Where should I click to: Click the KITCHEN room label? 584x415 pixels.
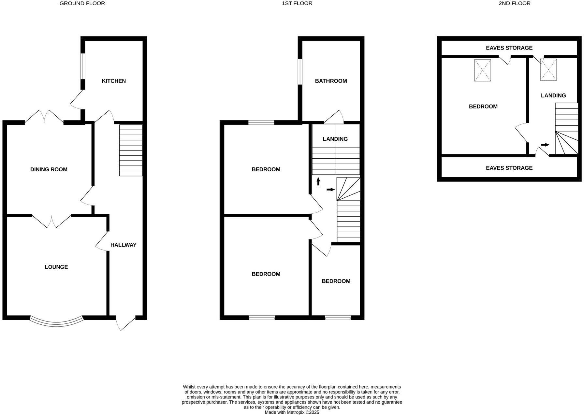tap(114, 81)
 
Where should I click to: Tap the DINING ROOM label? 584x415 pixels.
tap(49, 169)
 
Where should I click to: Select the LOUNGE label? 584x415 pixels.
tap(56, 267)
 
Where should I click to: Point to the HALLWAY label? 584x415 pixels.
tap(123, 245)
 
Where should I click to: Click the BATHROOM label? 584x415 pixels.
tap(331, 81)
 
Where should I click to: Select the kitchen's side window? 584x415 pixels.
tap(83, 66)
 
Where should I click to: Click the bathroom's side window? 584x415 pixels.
tap(300, 72)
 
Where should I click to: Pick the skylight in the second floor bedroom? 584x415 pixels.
tap(482, 70)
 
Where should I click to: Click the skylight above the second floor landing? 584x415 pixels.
tap(549, 69)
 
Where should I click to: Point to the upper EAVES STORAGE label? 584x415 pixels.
tap(509, 48)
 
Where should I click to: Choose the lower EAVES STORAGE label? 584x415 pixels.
tap(509, 168)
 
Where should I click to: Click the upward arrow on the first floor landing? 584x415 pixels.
tap(318, 181)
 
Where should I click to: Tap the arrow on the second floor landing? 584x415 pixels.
tap(545, 145)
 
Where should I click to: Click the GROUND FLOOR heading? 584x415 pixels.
tap(82, 4)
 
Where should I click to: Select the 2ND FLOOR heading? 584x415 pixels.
tap(515, 4)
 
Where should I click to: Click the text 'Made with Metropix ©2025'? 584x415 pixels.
tap(292, 412)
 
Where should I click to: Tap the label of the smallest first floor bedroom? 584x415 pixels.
tap(336, 281)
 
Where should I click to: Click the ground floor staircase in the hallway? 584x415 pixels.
tap(131, 150)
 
